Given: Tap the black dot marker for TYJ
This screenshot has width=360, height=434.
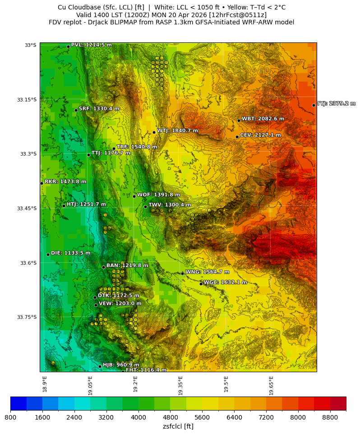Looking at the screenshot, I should point(314,105).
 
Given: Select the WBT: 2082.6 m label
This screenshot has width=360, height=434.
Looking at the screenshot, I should point(263,119).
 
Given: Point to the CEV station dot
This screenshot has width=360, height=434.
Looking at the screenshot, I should point(237,137).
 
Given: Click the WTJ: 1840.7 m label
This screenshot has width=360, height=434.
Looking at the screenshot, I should point(177,131).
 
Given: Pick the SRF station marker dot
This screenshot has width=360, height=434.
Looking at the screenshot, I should point(76,110).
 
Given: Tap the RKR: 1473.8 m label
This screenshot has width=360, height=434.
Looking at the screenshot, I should point(65,182).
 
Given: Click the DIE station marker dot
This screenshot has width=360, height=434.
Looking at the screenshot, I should point(48,254).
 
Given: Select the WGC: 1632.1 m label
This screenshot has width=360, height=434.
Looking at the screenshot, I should point(225,282).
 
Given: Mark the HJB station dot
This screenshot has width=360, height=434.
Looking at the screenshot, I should point(100,366).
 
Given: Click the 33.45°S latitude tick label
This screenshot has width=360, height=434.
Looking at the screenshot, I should point(27,208).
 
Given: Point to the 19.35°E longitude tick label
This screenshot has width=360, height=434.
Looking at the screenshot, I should point(180,386).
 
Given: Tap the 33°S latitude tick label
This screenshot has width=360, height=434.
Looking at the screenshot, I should point(31,45).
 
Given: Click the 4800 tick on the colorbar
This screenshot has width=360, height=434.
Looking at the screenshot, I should point(170,417).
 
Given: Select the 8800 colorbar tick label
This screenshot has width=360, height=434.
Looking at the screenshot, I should point(330,417).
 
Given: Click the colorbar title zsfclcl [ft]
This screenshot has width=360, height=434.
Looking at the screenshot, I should point(178,426).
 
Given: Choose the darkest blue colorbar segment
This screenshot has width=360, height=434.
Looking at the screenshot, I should point(18,403).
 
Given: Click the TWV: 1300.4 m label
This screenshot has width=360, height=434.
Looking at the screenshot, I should point(169,205).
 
